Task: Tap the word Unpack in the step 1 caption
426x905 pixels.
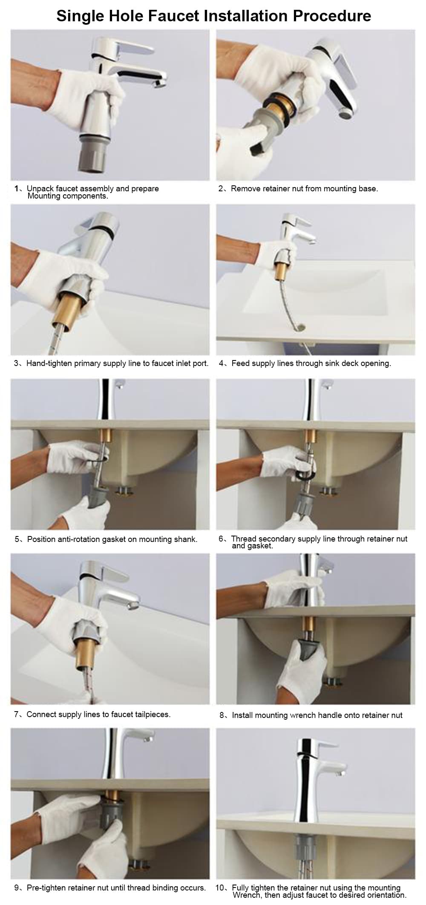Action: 40,188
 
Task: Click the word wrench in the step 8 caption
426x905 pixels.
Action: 303,715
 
